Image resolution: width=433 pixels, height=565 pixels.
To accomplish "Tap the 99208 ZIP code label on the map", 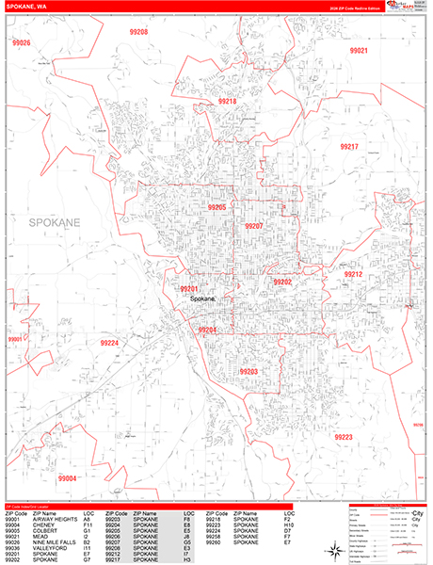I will click(138, 32).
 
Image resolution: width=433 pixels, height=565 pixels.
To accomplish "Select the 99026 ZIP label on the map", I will click(20, 43).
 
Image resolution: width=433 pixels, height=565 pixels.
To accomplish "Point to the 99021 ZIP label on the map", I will click(358, 51).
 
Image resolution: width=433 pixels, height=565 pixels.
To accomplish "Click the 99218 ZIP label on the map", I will click(229, 100).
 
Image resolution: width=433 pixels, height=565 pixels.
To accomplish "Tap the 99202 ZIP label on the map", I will click(282, 282).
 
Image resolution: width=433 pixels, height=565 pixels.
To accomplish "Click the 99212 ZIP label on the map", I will click(353, 274).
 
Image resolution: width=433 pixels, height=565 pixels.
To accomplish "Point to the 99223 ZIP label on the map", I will click(343, 411).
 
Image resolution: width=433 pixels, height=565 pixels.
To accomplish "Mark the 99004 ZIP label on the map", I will click(67, 452).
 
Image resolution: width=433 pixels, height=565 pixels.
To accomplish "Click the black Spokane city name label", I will click(202, 299).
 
